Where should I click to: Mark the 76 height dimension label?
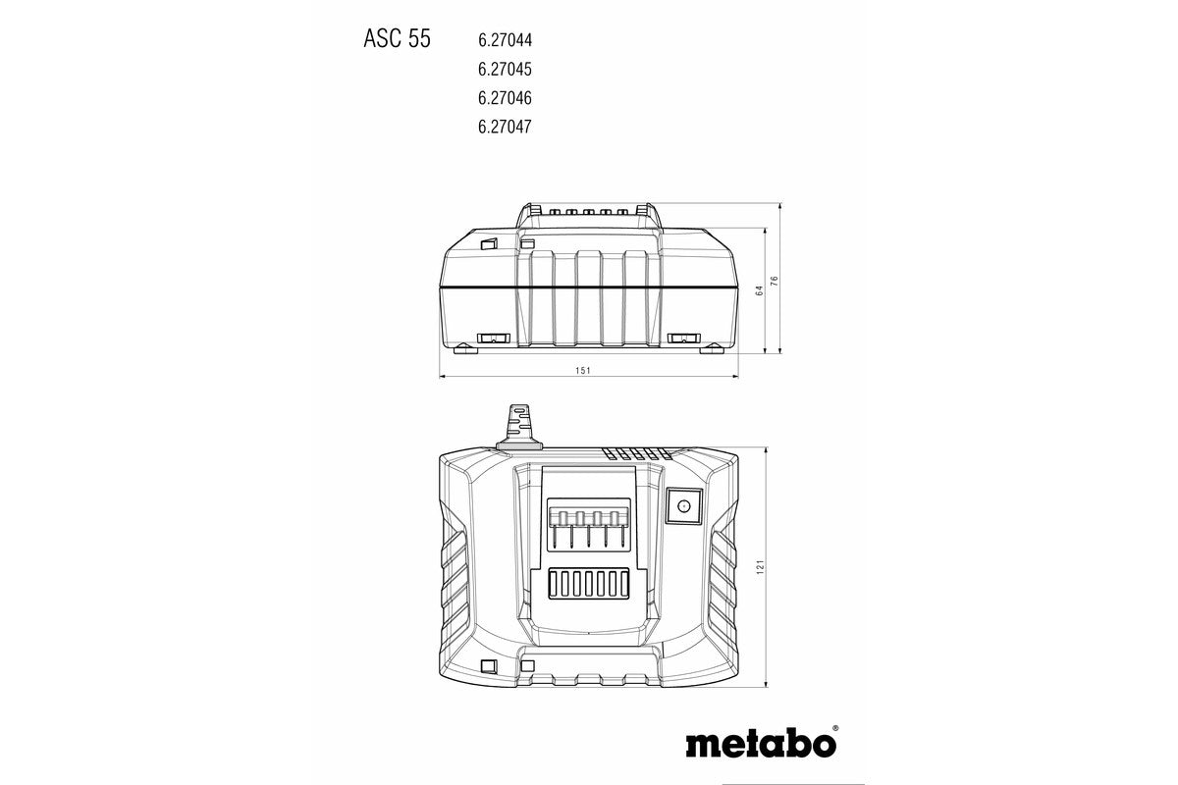[775, 280]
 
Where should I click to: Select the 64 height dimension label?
[758, 291]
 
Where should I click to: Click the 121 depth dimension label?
[760, 568]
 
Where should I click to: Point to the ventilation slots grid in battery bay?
[587, 586]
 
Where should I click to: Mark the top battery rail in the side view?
[587, 212]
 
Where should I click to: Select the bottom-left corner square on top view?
[485, 667]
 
